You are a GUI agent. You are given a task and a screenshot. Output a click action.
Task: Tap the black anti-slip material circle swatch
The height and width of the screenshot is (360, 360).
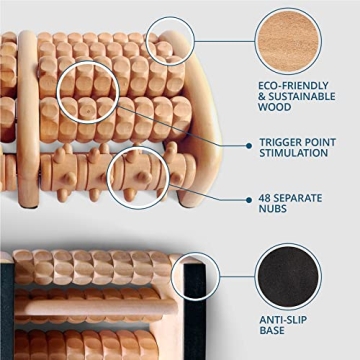pos(289,267)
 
